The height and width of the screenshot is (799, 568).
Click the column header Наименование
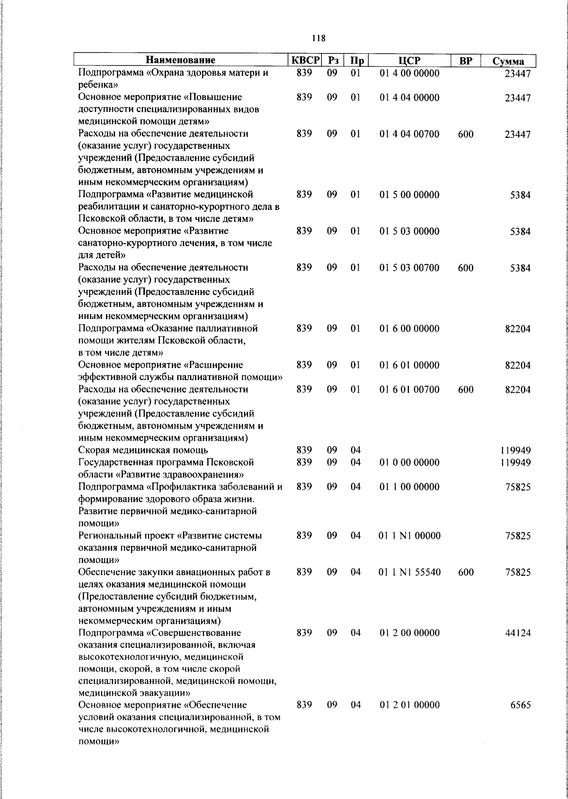point(180,60)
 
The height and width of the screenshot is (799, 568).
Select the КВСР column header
point(305,60)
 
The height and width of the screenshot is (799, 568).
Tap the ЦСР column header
point(409,60)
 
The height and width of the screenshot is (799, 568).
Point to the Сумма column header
point(508,61)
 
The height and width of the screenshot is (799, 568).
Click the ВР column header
point(466,61)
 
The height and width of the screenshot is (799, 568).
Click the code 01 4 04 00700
point(409,134)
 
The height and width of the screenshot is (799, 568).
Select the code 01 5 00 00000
point(409,195)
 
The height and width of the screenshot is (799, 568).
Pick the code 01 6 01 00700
point(409,390)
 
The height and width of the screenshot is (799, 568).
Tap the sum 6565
point(520,705)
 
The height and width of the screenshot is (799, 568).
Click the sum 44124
point(517,633)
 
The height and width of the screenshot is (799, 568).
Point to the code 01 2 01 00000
point(409,705)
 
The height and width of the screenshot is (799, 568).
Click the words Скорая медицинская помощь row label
point(143,450)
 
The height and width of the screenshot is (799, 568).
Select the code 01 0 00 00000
point(409,462)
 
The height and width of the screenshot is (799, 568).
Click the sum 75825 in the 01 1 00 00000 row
point(517,487)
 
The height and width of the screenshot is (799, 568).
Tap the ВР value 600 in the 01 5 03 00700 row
point(466,268)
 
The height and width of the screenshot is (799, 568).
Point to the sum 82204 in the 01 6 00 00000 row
point(517,329)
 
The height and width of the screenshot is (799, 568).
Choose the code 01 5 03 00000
point(409,231)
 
